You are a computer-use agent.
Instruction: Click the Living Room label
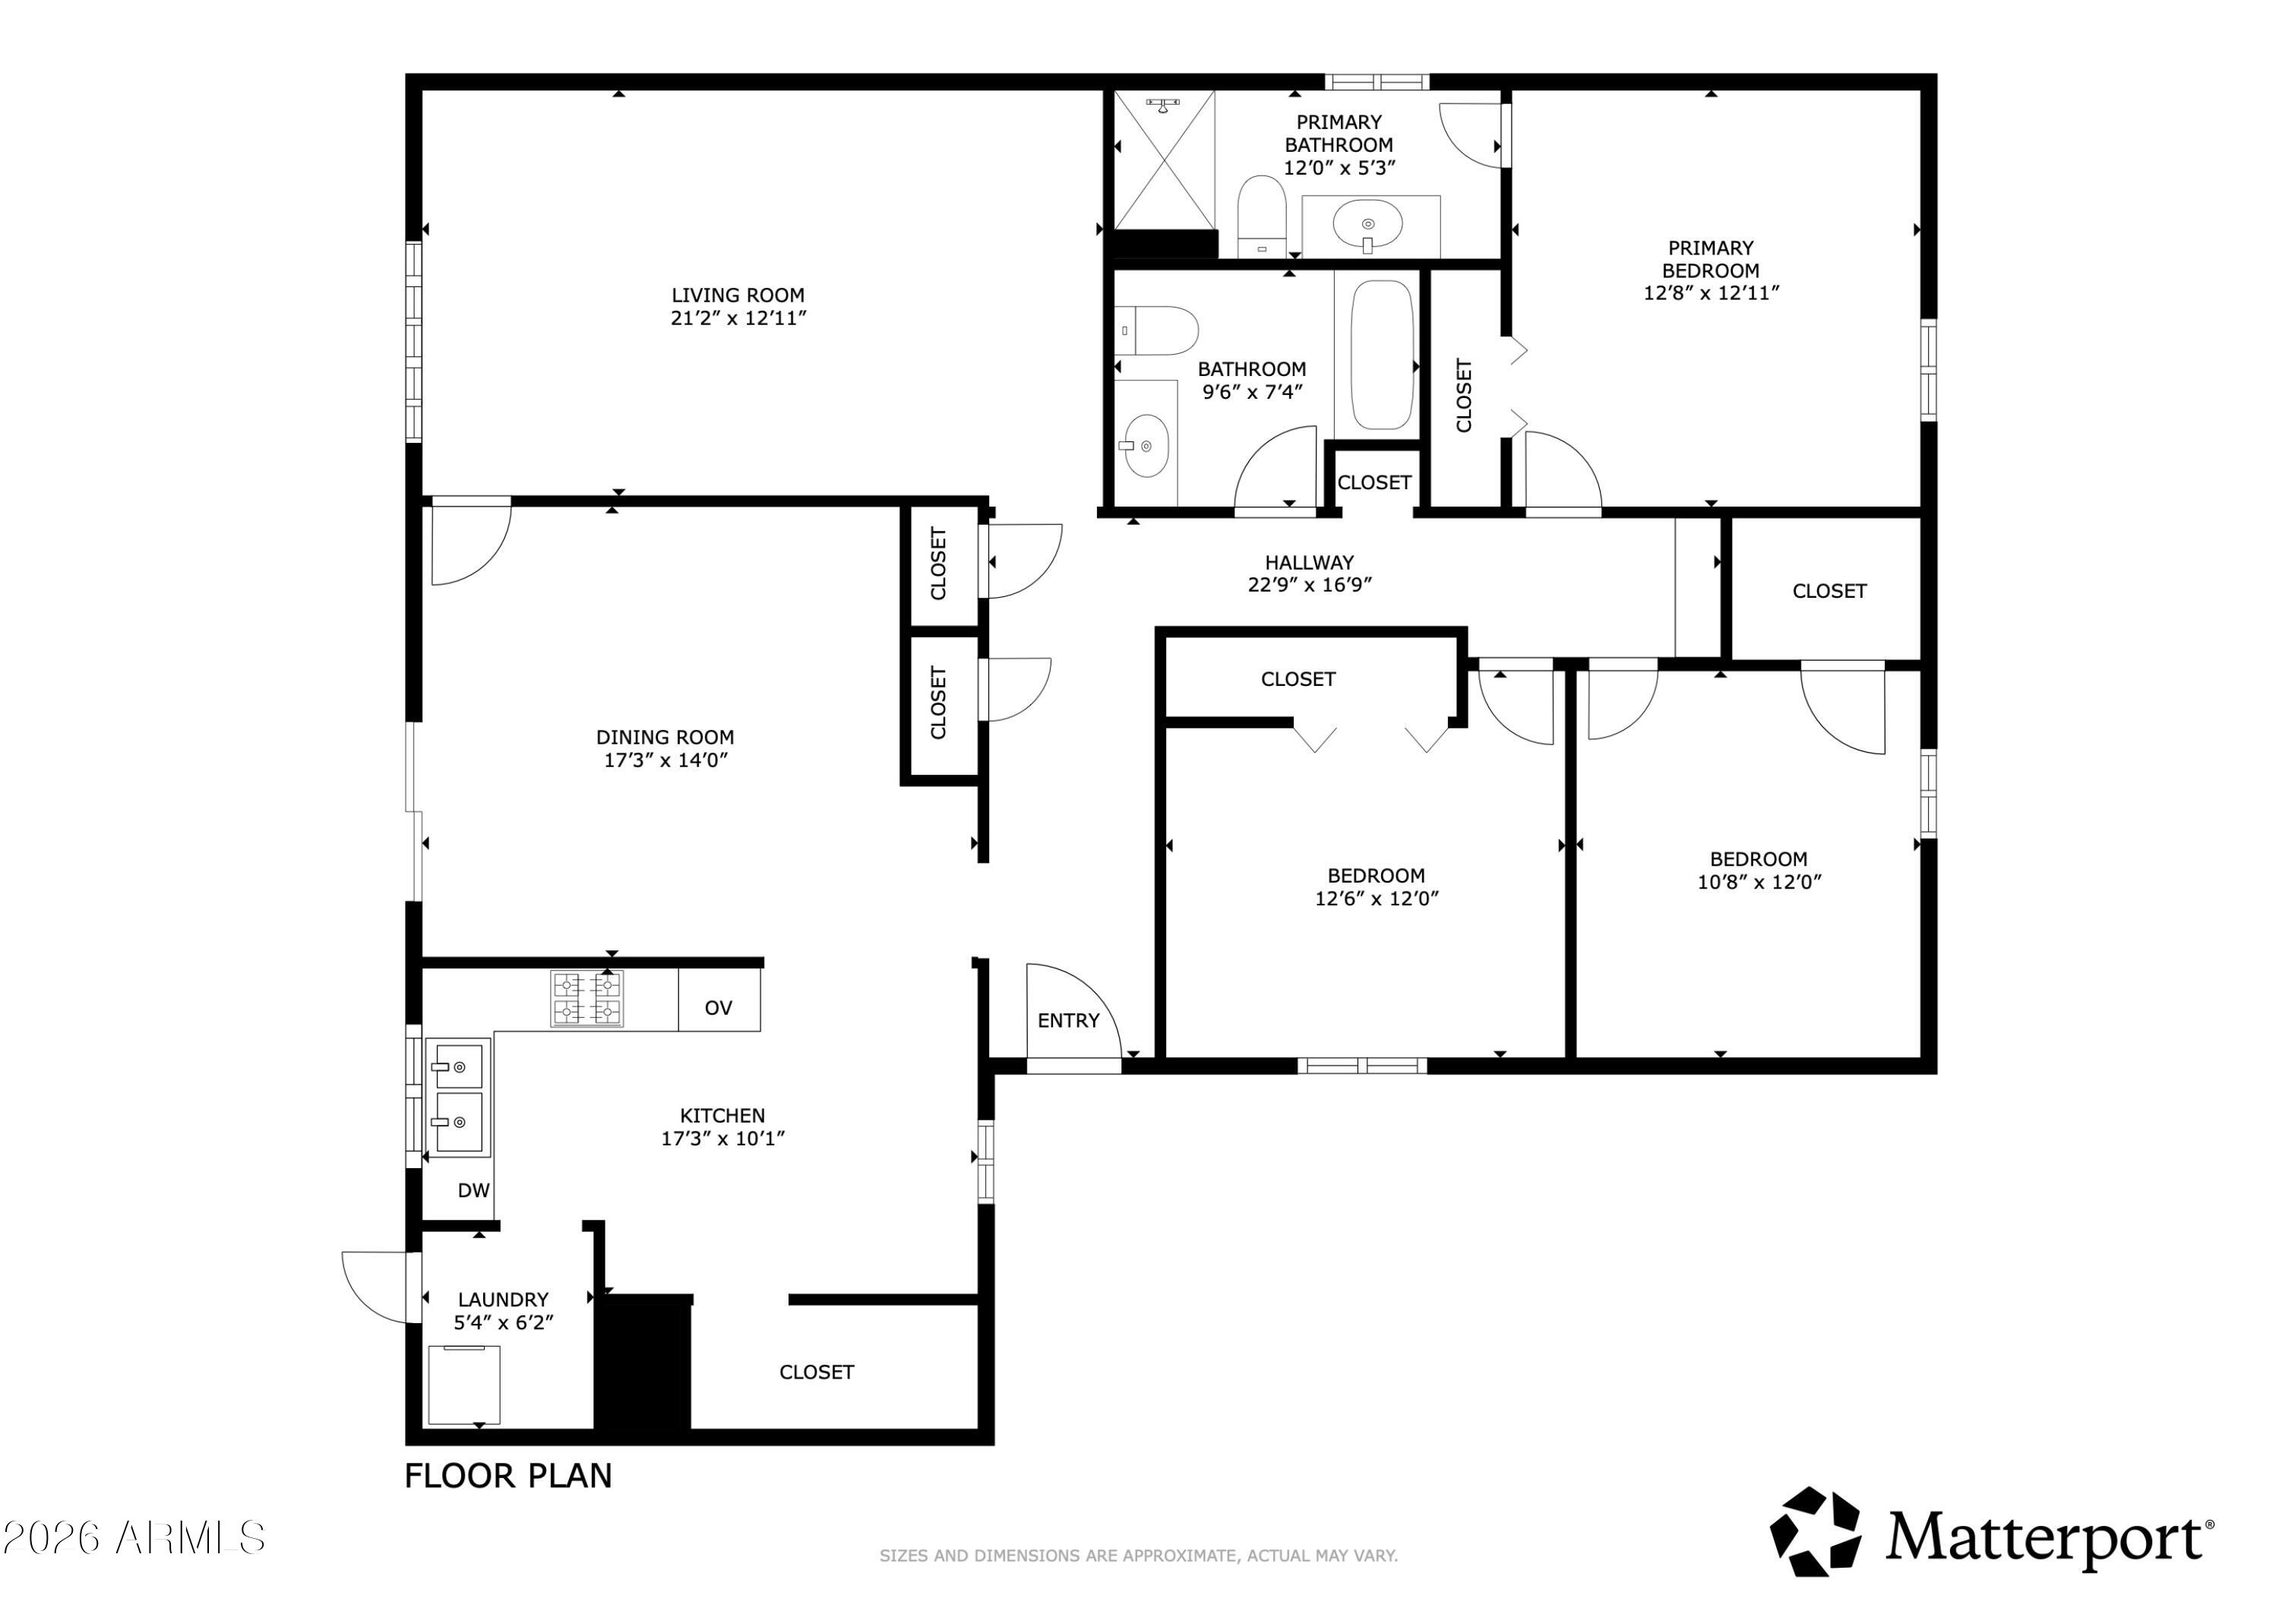point(738,295)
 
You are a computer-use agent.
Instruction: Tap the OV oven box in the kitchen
point(719,1007)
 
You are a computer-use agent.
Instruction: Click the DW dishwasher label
point(473,1190)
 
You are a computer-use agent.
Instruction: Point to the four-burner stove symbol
point(586,999)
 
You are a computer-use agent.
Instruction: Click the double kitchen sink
point(457,1097)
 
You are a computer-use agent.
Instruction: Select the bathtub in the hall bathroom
point(1381,355)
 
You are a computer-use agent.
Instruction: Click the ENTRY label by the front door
point(1068,1020)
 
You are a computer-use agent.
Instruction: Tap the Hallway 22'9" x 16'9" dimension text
point(1309,585)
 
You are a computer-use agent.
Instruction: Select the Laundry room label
point(502,1300)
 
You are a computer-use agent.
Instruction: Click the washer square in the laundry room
point(463,1385)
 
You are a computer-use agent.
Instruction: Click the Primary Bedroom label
point(1710,259)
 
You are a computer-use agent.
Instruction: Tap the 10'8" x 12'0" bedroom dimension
point(1759,881)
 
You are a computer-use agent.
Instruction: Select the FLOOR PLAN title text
point(508,1476)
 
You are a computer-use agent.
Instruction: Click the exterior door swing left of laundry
point(375,1287)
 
